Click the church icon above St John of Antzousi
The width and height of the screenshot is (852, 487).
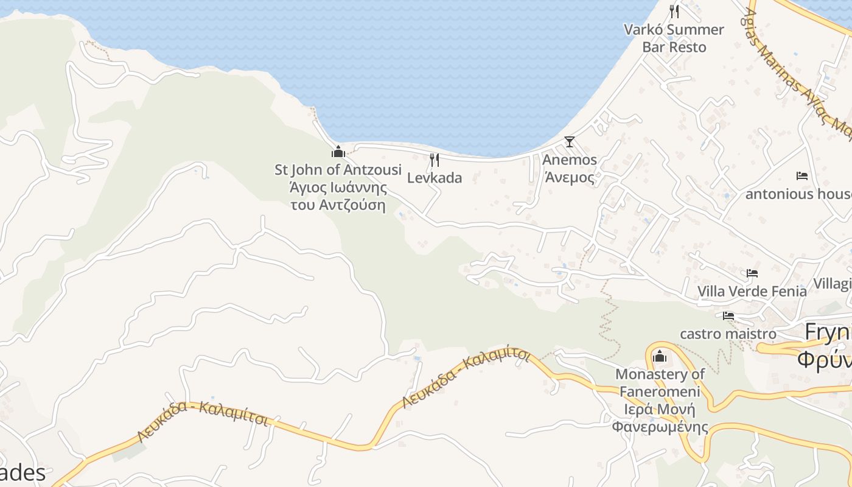pyautogui.click(x=338, y=152)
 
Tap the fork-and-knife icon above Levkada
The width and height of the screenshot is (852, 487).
pyautogui.click(x=435, y=160)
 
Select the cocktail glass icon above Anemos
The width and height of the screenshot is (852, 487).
pyautogui.click(x=569, y=142)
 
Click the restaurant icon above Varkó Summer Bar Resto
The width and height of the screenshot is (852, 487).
pyautogui.click(x=674, y=12)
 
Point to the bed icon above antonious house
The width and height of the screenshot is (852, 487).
pyautogui.click(x=802, y=176)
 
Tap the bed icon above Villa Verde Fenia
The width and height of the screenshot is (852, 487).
pyautogui.click(x=752, y=273)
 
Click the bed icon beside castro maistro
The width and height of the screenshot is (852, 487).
pyautogui.click(x=728, y=315)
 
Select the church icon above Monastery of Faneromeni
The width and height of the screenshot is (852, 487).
pyautogui.click(x=660, y=356)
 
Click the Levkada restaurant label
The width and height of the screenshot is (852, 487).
pyautogui.click(x=435, y=178)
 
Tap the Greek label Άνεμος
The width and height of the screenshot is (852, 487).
pyautogui.click(x=569, y=177)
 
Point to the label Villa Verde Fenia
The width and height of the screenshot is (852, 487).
pyautogui.click(x=752, y=291)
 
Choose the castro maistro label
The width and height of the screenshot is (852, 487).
pyautogui.click(x=728, y=334)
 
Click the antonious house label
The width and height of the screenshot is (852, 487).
pyautogui.click(x=798, y=194)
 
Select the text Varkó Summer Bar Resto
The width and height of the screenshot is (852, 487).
pyautogui.click(x=674, y=38)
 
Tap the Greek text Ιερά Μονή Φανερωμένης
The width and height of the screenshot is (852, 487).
pyautogui.click(x=660, y=418)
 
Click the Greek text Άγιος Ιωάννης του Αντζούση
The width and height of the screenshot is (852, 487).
pyautogui.click(x=338, y=195)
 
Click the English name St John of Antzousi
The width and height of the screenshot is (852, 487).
pyautogui.click(x=338, y=169)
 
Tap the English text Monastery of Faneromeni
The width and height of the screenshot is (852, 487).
pyautogui.click(x=660, y=383)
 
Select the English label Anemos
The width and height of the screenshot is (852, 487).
pyautogui.click(x=570, y=159)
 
